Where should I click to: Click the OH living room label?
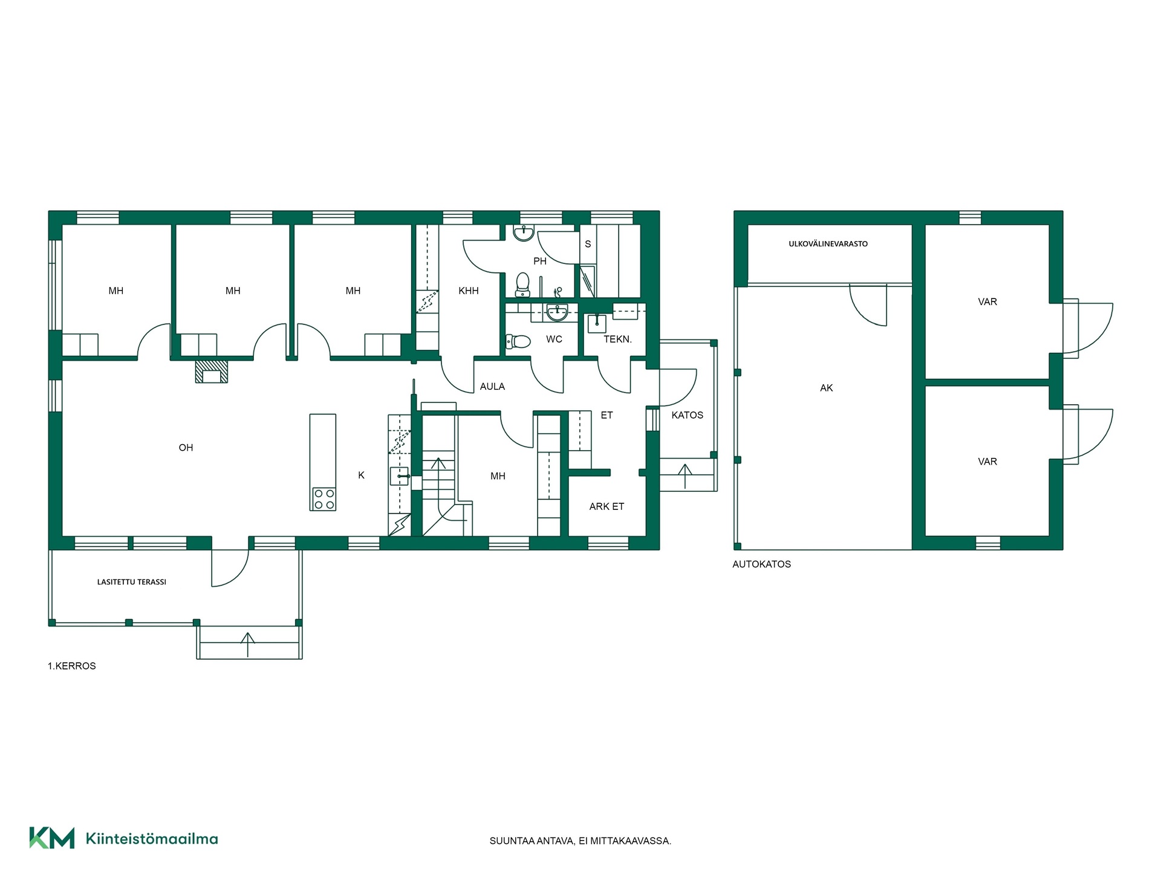pyautogui.click(x=186, y=448)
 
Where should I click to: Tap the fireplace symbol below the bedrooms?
pyautogui.click(x=211, y=372)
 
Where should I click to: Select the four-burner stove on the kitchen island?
pyautogui.click(x=323, y=499)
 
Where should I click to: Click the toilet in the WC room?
pyautogui.click(x=518, y=341)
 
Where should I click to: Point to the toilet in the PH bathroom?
pyautogui.click(x=522, y=285)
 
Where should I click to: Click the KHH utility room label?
pyautogui.click(x=469, y=291)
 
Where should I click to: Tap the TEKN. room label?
pyautogui.click(x=617, y=340)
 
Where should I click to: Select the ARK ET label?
pyautogui.click(x=607, y=506)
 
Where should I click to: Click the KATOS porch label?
pyautogui.click(x=688, y=415)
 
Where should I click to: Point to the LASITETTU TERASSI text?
pyautogui.click(x=132, y=582)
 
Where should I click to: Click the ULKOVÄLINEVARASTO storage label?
pyautogui.click(x=828, y=244)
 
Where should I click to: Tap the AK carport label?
pyautogui.click(x=827, y=388)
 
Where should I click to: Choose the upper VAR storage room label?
pyautogui.click(x=987, y=301)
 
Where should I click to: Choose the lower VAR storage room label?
pyautogui.click(x=987, y=462)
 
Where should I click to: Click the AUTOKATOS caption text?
pyautogui.click(x=762, y=564)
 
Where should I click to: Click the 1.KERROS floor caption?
pyautogui.click(x=72, y=666)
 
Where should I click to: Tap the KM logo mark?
pyautogui.click(x=52, y=838)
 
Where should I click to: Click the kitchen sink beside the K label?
pyautogui.click(x=400, y=477)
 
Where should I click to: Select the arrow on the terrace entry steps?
pyautogui.click(x=247, y=645)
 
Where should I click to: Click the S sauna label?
pyautogui.click(x=588, y=244)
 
